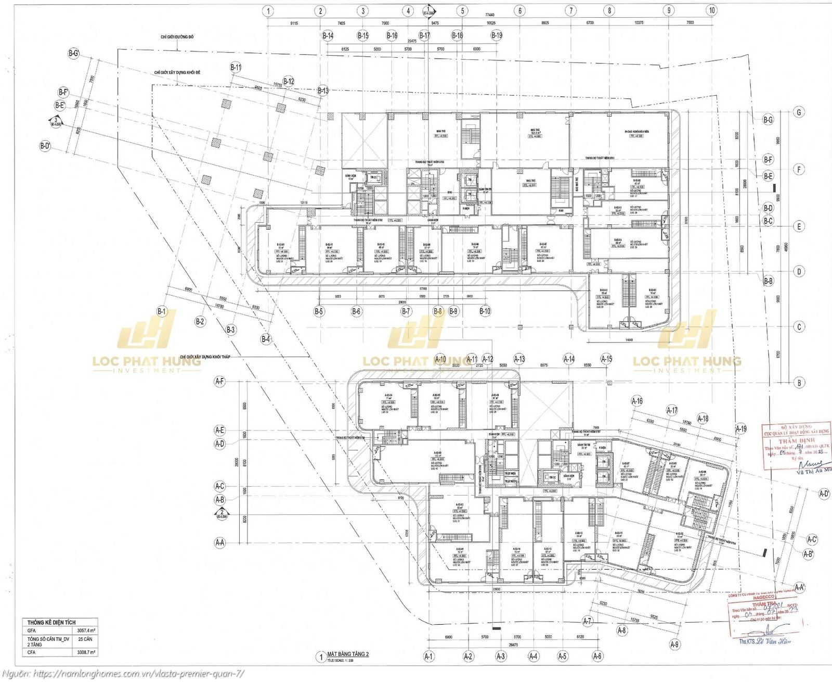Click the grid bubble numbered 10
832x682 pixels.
712,10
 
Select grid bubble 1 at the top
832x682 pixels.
268,10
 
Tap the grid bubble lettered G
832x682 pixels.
798,112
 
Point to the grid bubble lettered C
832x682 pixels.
798,327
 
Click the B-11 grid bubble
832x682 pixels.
236,67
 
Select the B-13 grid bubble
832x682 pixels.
323,91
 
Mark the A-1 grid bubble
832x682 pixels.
429,656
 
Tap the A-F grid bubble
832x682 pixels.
219,382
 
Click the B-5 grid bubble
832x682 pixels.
319,311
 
